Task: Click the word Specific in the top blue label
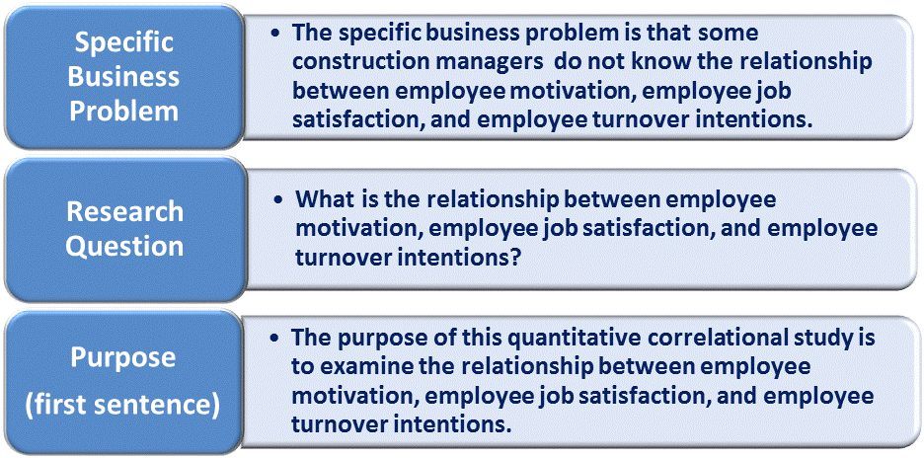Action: (x=123, y=42)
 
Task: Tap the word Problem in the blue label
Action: (x=123, y=109)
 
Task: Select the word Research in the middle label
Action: (x=124, y=211)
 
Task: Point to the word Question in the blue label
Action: (x=124, y=245)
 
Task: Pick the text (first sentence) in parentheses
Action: (x=123, y=404)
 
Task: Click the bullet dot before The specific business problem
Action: (x=278, y=33)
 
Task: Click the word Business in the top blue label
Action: (x=123, y=76)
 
